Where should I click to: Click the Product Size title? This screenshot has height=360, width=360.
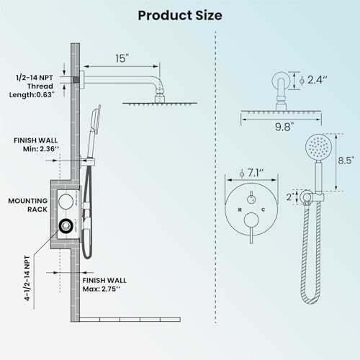click(180, 16)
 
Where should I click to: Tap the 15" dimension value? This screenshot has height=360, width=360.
click(122, 58)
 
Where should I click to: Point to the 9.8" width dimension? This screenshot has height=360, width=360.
click(284, 127)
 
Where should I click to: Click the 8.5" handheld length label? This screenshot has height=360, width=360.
click(346, 161)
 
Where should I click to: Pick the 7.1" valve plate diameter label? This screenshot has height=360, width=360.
click(252, 173)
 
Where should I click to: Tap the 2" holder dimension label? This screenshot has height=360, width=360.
click(290, 197)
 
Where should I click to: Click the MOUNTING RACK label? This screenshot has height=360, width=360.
click(28, 205)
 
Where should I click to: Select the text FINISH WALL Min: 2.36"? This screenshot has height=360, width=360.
click(36, 145)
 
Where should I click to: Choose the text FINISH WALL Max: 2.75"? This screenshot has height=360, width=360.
click(104, 284)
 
